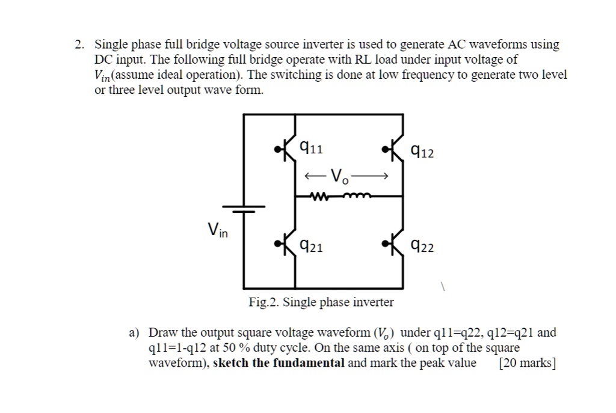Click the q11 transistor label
tap(311, 147)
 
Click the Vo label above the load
tap(340, 177)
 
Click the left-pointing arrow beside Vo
tap(315, 177)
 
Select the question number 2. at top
tap(79, 44)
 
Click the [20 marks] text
tap(528, 363)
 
